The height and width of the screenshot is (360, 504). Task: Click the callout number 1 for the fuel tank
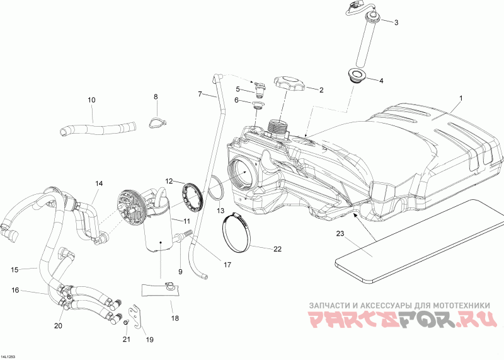tap(461, 98)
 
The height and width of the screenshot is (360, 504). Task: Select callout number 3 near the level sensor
tap(396, 23)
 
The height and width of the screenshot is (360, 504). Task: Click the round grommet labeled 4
tap(357, 76)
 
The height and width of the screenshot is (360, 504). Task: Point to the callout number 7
tap(200, 94)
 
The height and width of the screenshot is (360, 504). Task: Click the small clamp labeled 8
tap(157, 122)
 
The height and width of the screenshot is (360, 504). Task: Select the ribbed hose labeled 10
tap(98, 128)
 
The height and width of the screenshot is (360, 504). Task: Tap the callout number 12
tap(169, 182)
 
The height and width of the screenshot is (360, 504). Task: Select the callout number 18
tap(175, 318)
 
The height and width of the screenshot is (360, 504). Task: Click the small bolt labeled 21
tap(126, 322)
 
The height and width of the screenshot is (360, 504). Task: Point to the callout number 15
tap(14, 270)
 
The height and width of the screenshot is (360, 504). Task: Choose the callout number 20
tap(58, 326)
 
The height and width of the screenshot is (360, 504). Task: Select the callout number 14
tap(99, 183)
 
